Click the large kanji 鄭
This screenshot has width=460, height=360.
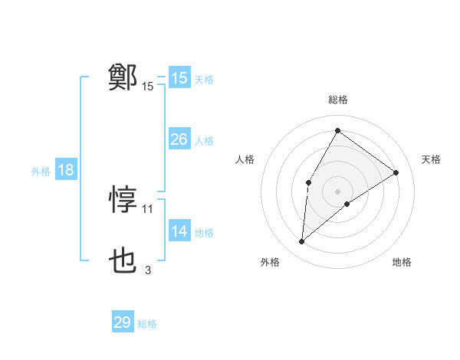coord(123,77)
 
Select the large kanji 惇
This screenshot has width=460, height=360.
coord(123,200)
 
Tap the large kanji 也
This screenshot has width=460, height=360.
coord(123,262)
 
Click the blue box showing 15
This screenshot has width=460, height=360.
coord(179,78)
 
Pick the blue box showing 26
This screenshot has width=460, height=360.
coord(179,139)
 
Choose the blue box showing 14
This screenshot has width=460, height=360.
coord(179,231)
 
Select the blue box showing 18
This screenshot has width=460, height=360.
coord(66,170)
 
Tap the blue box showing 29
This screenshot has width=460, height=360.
coord(123,322)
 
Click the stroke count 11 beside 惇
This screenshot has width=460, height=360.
coord(148,208)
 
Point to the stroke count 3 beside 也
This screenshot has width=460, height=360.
coord(148,270)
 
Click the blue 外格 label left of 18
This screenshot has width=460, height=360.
coord(41,172)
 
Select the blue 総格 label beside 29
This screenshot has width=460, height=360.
coord(147,324)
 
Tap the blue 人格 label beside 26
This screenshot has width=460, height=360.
coord(204,141)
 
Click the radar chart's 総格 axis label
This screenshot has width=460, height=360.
coord(337,100)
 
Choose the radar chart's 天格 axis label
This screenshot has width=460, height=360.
coord(431,159)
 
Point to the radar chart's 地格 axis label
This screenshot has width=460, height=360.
coord(402,263)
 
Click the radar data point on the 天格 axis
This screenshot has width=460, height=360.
coord(396,172)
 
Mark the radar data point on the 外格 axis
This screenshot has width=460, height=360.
coord(302,242)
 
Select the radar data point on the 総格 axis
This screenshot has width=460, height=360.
coord(337,130)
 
